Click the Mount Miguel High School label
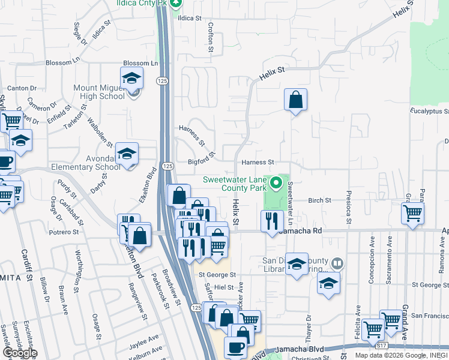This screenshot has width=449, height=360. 99,92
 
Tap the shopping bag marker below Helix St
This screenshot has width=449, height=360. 295,100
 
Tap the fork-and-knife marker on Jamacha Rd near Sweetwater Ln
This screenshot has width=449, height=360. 272,221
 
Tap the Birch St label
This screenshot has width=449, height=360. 320,200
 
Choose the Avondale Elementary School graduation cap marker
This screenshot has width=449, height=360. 127,155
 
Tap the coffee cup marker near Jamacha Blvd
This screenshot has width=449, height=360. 235,347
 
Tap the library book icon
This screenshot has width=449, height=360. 337,263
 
